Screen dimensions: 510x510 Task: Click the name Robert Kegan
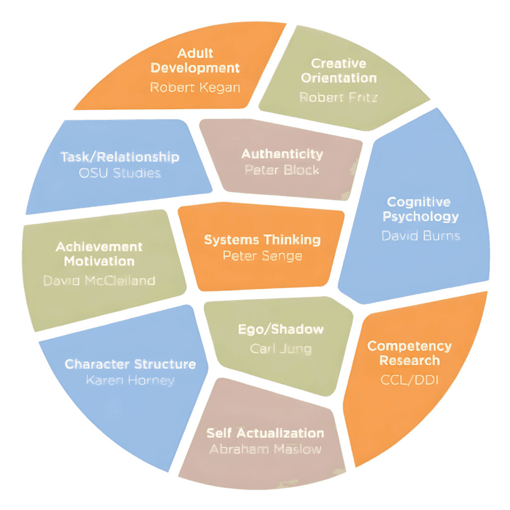pos(195,88)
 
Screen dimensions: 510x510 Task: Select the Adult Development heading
pos(195,60)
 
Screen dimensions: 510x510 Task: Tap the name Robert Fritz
pos(338,97)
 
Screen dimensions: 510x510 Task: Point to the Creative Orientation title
pos(339,71)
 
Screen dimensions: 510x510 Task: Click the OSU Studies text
pos(120,173)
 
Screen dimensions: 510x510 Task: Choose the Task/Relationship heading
pos(120,157)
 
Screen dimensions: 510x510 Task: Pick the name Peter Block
pos(282,170)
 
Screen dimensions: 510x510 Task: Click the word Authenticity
pos(282,154)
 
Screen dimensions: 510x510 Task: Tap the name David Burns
pos(420,236)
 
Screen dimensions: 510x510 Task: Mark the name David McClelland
pos(99,280)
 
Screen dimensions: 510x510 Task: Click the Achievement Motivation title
pos(99,254)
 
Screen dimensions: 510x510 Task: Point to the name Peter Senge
pos(262,256)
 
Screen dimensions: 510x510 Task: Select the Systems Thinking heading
pos(262,240)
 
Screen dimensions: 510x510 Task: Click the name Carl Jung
pos(281,349)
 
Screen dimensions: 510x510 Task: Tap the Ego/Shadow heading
pos(281,329)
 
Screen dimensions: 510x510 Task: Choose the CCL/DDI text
pos(409,381)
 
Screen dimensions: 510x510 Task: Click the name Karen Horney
pos(130,381)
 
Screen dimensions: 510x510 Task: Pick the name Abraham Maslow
pos(265,449)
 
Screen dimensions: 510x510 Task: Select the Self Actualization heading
pos(265,433)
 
